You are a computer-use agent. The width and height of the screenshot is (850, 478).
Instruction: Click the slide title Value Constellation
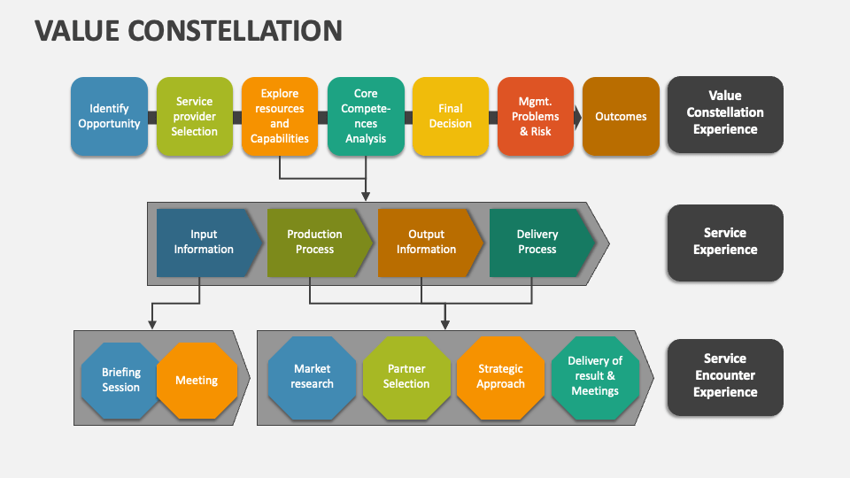click(x=188, y=30)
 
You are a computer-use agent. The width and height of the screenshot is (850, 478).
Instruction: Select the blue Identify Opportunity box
click(x=109, y=116)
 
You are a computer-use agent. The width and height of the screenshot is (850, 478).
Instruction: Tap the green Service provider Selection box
click(x=195, y=116)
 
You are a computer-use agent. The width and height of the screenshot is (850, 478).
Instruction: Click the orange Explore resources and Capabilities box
click(x=280, y=116)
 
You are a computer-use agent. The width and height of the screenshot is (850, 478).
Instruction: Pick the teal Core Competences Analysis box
click(x=366, y=116)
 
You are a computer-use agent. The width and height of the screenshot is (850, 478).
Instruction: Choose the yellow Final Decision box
click(x=451, y=116)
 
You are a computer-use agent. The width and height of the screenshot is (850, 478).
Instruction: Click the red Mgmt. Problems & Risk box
click(x=536, y=116)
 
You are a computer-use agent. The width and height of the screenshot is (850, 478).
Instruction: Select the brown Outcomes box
click(x=621, y=116)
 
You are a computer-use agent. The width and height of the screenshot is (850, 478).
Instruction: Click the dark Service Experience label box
click(x=724, y=243)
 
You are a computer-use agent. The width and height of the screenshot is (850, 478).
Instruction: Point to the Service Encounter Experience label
click(x=724, y=376)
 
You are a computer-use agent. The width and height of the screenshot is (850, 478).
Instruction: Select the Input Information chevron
click(x=205, y=243)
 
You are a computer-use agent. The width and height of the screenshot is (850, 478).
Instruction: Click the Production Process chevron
click(x=315, y=243)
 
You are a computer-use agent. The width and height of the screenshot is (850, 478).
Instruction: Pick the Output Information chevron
click(x=426, y=243)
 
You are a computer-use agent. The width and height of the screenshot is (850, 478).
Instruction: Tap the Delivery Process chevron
click(x=537, y=243)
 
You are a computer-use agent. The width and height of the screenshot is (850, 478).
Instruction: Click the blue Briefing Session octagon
click(x=121, y=380)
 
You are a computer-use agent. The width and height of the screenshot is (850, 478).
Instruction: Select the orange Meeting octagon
click(x=196, y=380)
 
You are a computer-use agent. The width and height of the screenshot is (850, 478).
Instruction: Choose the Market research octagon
click(x=313, y=377)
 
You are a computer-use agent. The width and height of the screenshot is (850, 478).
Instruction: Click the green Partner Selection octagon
click(x=406, y=377)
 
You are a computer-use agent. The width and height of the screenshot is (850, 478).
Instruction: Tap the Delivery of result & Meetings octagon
click(x=594, y=377)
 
